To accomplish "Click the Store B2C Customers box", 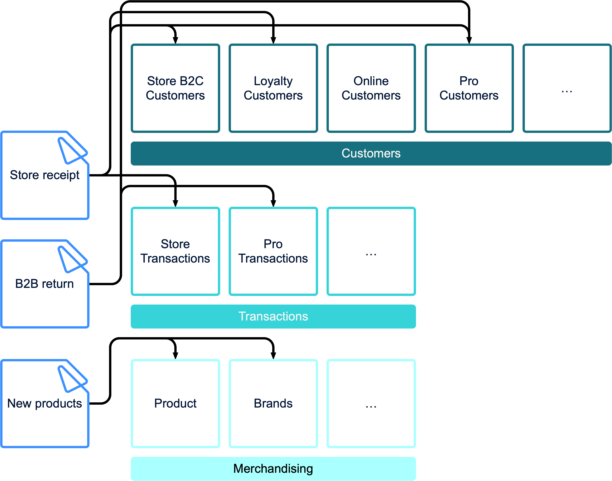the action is [175, 88].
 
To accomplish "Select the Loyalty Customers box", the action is [273, 88].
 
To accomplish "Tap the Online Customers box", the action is [371, 88].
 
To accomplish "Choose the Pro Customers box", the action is [469, 88].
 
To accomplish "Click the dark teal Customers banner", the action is [371, 153].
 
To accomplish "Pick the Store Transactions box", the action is [175, 251].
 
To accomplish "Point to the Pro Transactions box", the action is [273, 251].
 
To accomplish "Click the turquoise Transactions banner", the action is [273, 316].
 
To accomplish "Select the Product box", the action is [175, 404].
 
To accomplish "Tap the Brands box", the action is [273, 404].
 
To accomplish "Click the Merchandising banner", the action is [273, 469].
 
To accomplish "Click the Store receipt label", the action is [45, 175].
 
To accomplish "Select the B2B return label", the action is [45, 284].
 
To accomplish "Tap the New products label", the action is [45, 404].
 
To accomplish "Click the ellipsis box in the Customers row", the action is [567, 88].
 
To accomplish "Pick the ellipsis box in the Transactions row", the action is [371, 251].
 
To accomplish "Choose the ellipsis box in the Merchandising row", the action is [371, 404].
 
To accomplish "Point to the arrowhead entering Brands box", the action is [273, 355].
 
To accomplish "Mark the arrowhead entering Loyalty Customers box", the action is [273, 40].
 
